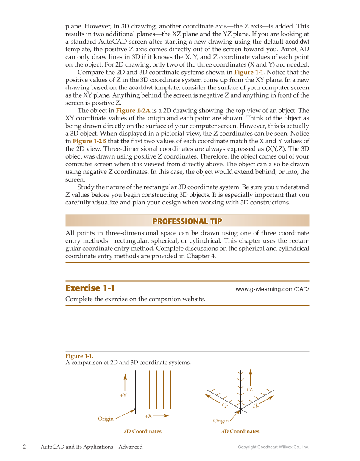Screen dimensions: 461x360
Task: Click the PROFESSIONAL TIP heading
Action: point(187,221)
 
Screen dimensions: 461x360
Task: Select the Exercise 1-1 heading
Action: point(90,288)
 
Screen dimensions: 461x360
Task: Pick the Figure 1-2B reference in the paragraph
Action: point(89,141)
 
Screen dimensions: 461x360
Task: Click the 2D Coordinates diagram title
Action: point(142,431)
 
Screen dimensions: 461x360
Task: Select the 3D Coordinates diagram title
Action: point(240,431)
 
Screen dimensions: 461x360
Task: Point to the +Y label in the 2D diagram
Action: point(123,395)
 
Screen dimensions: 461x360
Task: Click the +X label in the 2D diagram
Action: point(148,416)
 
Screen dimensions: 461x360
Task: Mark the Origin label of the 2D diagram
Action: point(106,419)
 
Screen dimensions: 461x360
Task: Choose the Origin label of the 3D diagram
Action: point(220,421)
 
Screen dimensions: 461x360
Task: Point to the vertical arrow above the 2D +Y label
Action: point(125,382)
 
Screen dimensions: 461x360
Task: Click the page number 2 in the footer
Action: point(25,447)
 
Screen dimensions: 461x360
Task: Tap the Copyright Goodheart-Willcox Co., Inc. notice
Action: point(273,447)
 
